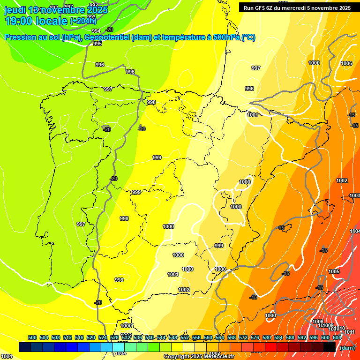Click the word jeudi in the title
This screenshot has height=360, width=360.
click(x=15, y=10)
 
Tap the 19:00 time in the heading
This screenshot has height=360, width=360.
click(x=18, y=21)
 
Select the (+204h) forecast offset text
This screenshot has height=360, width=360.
click(x=83, y=21)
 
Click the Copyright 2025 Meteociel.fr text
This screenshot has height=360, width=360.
click(x=199, y=357)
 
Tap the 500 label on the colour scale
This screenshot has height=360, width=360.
click(x=32, y=337)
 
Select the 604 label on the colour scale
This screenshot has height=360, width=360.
click(x=337, y=337)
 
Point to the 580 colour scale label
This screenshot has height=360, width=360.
click(x=267, y=337)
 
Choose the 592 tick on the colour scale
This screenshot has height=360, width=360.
click(x=302, y=337)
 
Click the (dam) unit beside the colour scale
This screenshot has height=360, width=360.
click(x=347, y=348)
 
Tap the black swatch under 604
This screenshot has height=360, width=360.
click(x=330, y=347)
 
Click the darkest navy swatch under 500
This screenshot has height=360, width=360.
click(x=25, y=347)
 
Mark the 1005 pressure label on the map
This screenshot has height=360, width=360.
click(x=334, y=271)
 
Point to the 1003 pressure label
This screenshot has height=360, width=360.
click(x=355, y=195)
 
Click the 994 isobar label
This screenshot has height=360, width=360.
click(x=96, y=31)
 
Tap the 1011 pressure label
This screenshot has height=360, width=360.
click(x=349, y=332)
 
